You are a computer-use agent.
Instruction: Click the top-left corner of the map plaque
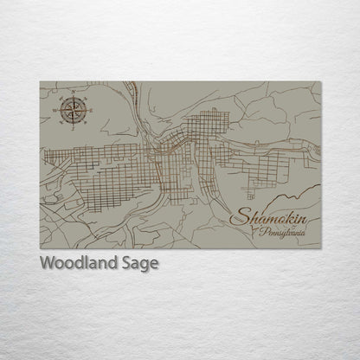pyautogui.click(x=41, y=81)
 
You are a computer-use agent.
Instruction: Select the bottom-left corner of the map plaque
pyautogui.click(x=41, y=248)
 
